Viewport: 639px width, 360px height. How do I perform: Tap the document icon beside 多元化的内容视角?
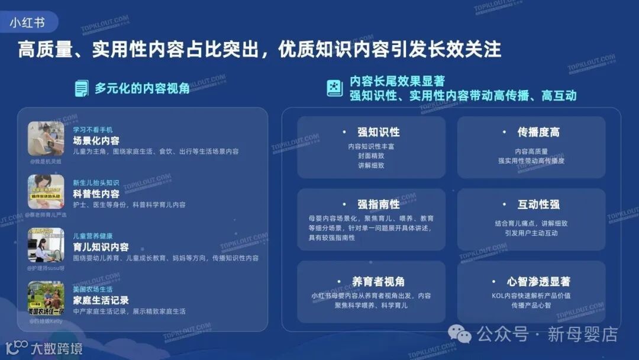click(82, 88)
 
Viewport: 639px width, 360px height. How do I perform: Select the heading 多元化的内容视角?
click(142, 88)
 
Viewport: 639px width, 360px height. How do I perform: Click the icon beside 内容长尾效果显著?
click(335, 88)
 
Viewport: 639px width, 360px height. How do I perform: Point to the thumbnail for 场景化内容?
click(46, 139)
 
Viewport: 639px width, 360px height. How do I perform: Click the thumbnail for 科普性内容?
click(46, 192)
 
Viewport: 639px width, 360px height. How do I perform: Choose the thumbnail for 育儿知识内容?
click(46, 245)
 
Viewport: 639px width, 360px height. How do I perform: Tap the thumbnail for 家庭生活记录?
click(46, 298)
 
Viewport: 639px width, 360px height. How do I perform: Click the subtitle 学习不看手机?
click(93, 130)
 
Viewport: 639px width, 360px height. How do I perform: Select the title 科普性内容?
click(96, 194)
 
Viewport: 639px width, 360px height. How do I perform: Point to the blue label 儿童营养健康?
click(93, 236)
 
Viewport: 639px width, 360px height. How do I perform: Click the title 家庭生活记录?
click(101, 300)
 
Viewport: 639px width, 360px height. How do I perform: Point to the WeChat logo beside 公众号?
click(460, 334)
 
